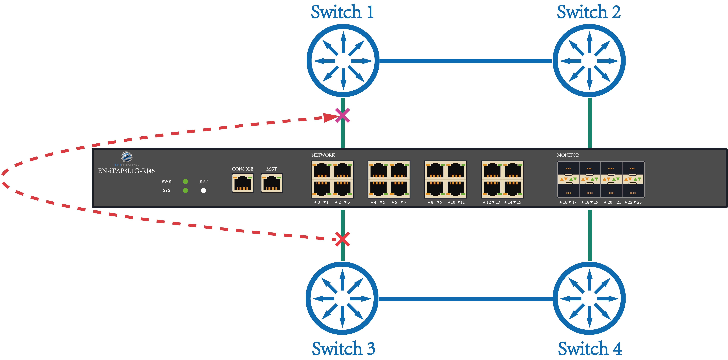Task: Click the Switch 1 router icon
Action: [343, 61]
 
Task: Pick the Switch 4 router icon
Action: [589, 299]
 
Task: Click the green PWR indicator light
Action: [185, 181]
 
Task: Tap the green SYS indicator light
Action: [185, 190]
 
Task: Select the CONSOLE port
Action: [242, 183]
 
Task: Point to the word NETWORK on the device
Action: [323, 155]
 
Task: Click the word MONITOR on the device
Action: [568, 155]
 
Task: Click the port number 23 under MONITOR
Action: [639, 202]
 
